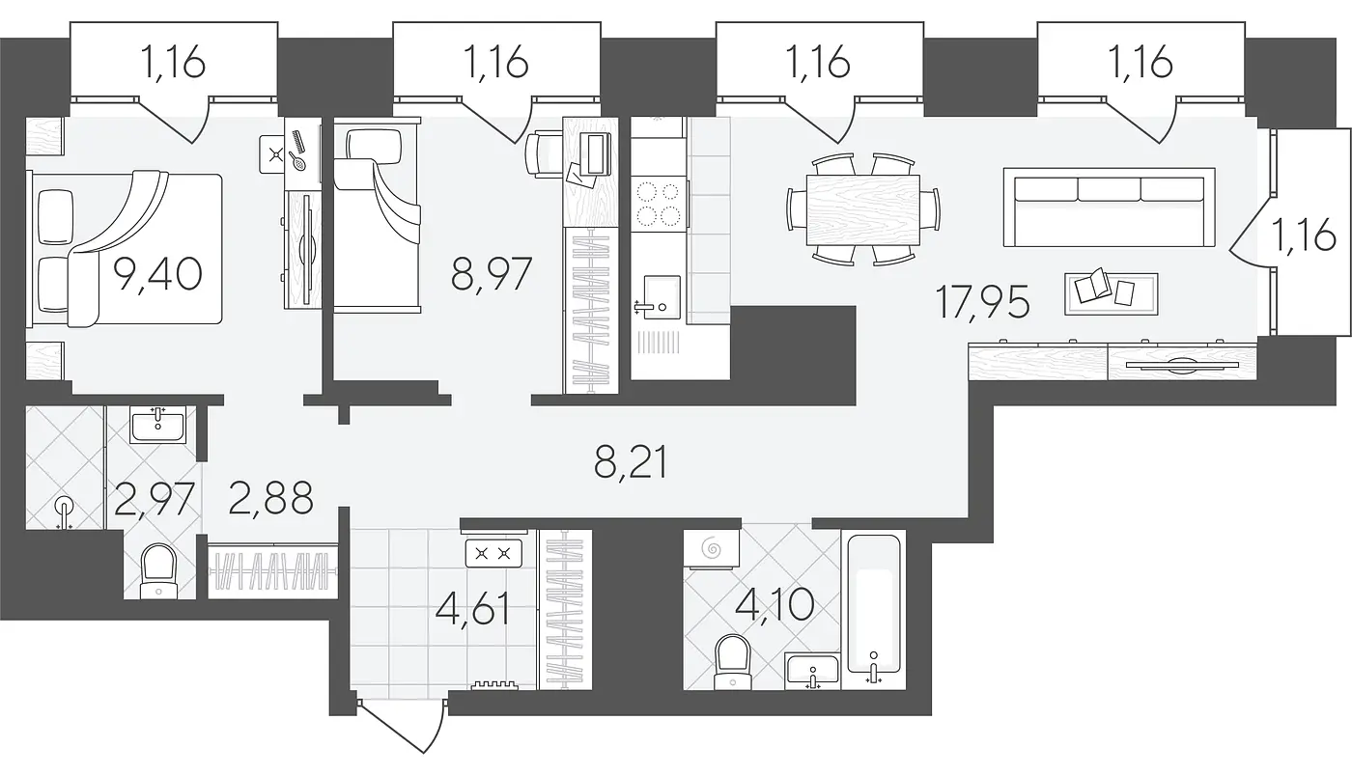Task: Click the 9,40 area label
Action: (x=158, y=274)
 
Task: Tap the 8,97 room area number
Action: (x=492, y=274)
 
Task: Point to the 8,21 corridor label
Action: (x=631, y=464)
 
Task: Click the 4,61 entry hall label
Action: (x=472, y=609)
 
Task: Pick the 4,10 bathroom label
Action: (x=775, y=603)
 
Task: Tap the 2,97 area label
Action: (x=155, y=499)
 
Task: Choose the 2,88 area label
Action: (x=271, y=498)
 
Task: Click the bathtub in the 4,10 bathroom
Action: (x=874, y=610)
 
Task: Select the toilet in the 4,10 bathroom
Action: (x=732, y=662)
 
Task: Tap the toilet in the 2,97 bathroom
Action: (x=158, y=570)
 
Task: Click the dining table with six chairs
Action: (x=863, y=209)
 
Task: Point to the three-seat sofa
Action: (x=1110, y=207)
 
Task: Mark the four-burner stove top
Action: (x=659, y=204)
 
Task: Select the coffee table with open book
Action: (x=1112, y=293)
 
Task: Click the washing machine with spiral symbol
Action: (x=712, y=550)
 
